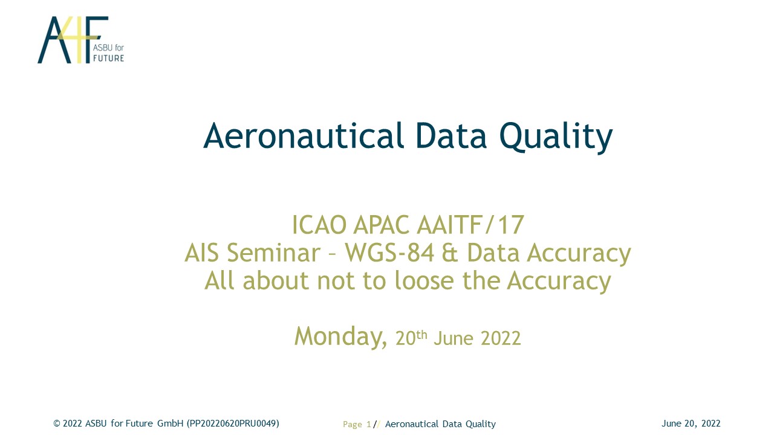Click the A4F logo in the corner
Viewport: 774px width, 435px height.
tap(80, 40)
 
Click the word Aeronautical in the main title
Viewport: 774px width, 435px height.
tap(304, 136)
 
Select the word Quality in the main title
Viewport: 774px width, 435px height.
tap(556, 137)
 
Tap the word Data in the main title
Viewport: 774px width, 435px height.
tap(451, 136)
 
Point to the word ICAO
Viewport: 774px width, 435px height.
tap(319, 225)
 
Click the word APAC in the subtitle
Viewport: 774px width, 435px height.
tap(381, 225)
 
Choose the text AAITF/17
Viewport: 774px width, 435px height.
tap(470, 225)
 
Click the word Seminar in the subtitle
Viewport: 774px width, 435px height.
tap(274, 253)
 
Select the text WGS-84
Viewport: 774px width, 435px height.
tap(389, 253)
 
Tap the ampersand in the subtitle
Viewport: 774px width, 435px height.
tap(450, 253)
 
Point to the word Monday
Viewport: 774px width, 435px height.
tap(340, 337)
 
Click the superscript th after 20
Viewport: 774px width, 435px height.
tap(421, 335)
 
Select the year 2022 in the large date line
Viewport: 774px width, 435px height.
tap(501, 338)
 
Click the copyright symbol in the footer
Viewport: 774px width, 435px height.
tap(57, 424)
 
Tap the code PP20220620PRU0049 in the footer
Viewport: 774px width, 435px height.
tap(233, 424)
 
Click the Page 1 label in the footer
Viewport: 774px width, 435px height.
tap(357, 424)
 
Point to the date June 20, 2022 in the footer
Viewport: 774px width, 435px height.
tap(691, 424)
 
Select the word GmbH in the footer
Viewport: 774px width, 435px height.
tap(171, 424)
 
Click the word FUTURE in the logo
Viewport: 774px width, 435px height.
tap(108, 59)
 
